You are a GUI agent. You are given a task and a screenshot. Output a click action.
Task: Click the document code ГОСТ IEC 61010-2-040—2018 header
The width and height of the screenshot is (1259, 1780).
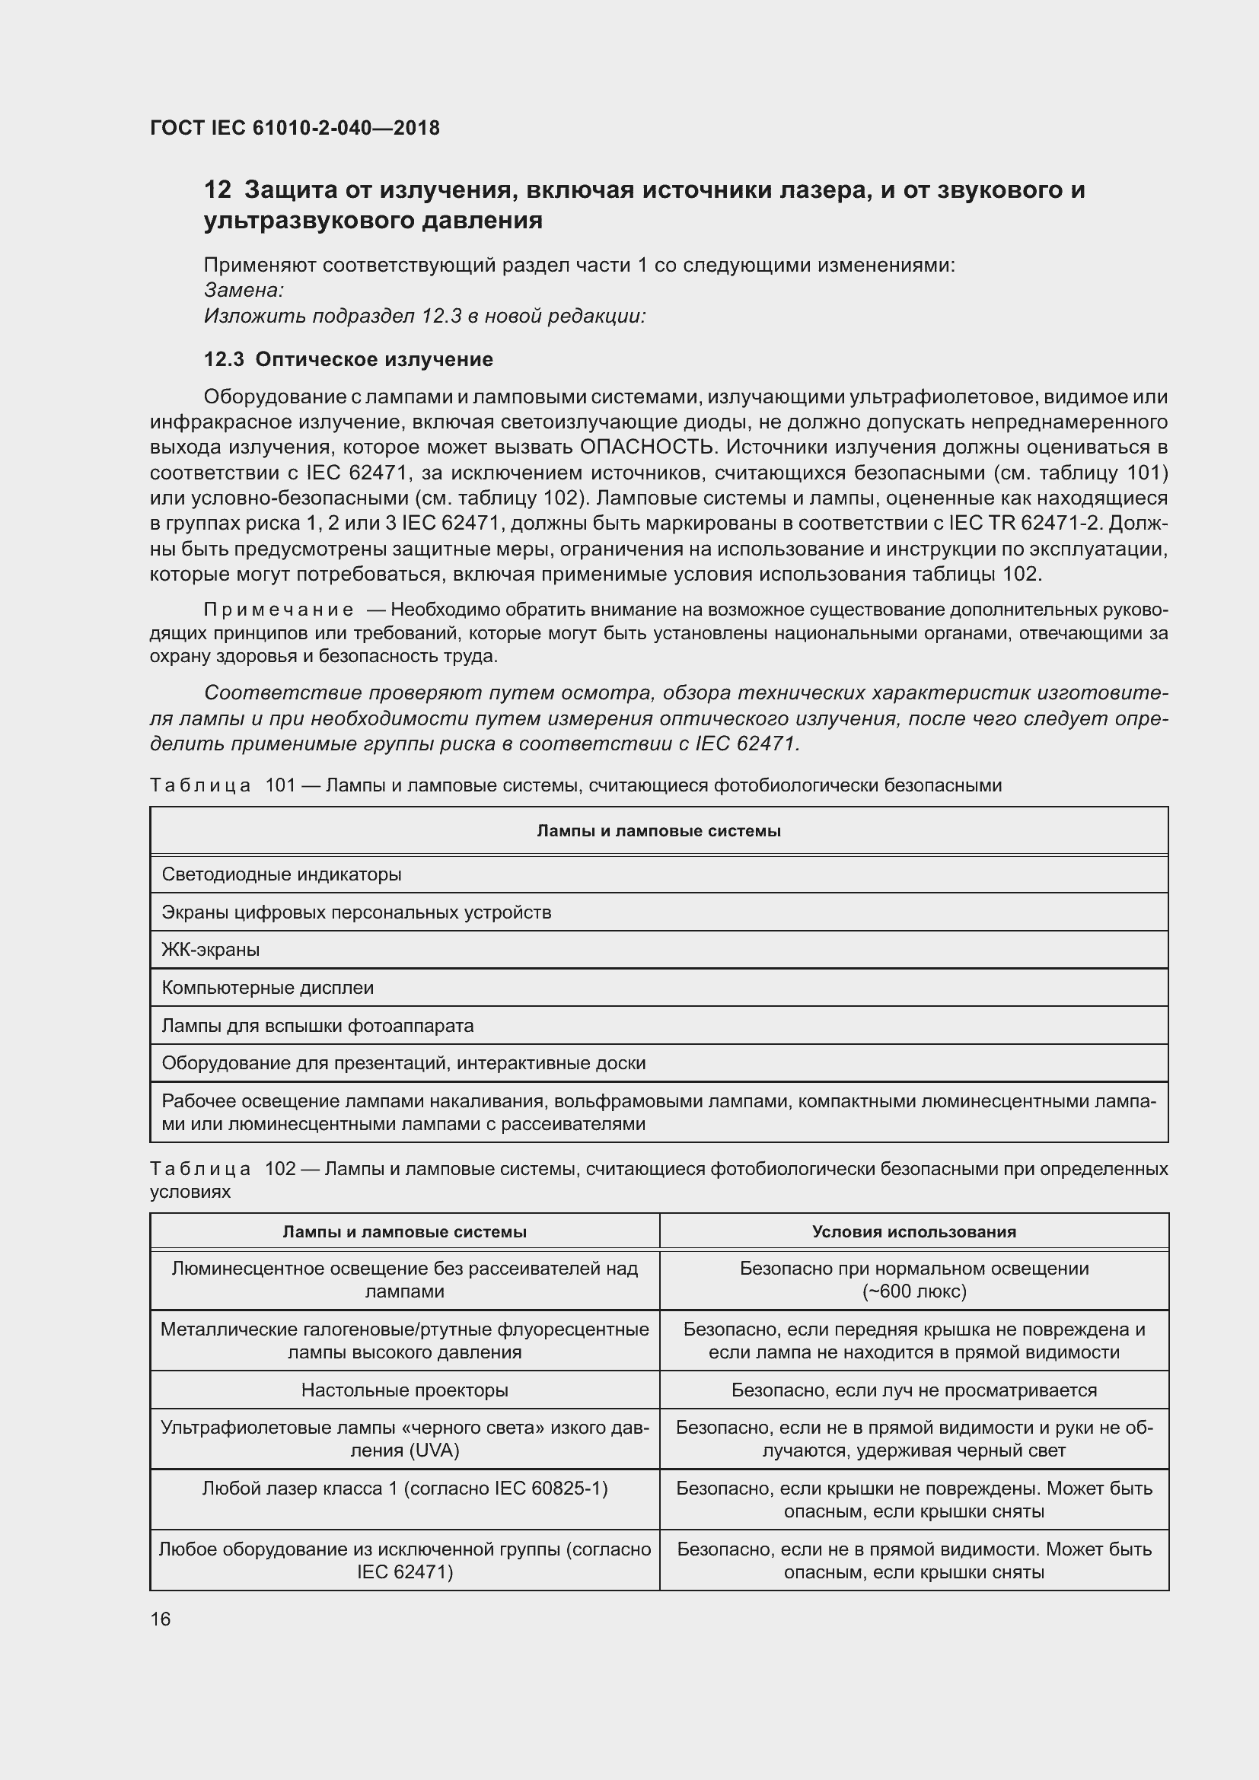[295, 128]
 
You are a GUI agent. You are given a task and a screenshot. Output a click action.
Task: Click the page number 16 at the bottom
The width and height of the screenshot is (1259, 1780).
[161, 1619]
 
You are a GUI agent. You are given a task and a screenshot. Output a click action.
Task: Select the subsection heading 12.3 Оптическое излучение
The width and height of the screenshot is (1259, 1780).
[348, 360]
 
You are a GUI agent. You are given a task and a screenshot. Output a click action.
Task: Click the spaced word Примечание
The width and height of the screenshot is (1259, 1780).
[279, 610]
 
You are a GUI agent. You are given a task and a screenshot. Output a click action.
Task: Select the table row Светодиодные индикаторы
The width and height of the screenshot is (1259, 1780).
[282, 874]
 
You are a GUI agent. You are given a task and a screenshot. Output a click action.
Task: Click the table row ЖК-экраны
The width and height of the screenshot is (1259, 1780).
[211, 950]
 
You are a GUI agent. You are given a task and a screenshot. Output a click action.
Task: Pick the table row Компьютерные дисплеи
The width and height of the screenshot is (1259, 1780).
[267, 988]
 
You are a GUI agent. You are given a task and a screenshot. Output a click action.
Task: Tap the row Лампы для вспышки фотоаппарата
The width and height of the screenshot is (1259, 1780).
[317, 1026]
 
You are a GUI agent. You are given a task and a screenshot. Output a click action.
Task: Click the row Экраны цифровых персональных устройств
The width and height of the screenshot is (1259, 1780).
[355, 912]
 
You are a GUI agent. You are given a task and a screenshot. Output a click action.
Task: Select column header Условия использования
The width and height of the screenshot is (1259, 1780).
[914, 1232]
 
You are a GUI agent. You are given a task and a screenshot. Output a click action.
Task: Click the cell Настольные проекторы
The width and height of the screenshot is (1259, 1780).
[405, 1390]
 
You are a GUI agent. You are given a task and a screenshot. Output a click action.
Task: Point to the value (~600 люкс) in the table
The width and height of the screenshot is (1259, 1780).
[914, 1291]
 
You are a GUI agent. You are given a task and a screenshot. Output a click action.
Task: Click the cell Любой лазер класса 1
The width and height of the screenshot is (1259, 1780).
[405, 1489]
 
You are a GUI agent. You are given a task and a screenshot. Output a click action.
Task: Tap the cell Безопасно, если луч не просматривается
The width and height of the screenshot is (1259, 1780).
[914, 1390]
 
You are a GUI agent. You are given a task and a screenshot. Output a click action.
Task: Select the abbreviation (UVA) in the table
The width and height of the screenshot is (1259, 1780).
[437, 1450]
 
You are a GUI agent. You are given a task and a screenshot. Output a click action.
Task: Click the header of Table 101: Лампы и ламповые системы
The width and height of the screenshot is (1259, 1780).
[658, 831]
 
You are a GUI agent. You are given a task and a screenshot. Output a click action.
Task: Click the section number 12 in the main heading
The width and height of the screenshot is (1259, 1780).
[217, 190]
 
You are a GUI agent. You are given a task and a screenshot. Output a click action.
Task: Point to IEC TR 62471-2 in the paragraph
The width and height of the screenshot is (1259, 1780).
[1023, 524]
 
